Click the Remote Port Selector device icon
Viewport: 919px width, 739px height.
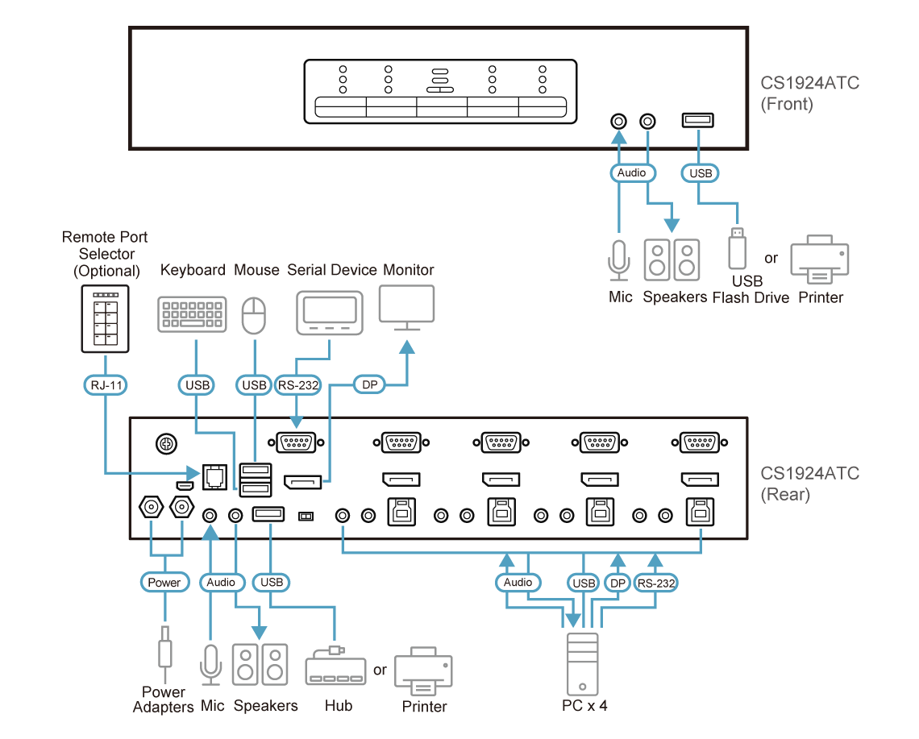point(105,319)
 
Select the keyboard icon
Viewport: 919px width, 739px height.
point(192,314)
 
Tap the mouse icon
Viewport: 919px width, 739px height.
point(254,315)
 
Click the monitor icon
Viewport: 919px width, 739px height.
point(407,308)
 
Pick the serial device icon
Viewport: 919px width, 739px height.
point(330,313)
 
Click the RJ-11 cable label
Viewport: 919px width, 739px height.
point(106,385)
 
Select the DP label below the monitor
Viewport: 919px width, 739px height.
point(370,384)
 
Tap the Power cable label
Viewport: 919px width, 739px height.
point(164,582)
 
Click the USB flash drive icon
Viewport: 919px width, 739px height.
point(738,248)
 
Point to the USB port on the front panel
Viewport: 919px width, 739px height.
point(697,121)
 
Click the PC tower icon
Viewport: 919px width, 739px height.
point(583,664)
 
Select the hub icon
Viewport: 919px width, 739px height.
point(336,666)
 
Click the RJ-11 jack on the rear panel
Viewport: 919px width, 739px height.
point(214,476)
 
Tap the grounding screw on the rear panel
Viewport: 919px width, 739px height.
point(166,443)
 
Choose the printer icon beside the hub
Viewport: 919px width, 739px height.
point(424,671)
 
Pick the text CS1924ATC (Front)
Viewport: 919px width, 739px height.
point(809,93)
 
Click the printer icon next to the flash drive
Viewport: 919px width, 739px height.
point(819,259)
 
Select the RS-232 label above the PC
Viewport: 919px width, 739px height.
point(656,583)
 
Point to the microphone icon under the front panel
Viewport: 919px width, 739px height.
point(619,260)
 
